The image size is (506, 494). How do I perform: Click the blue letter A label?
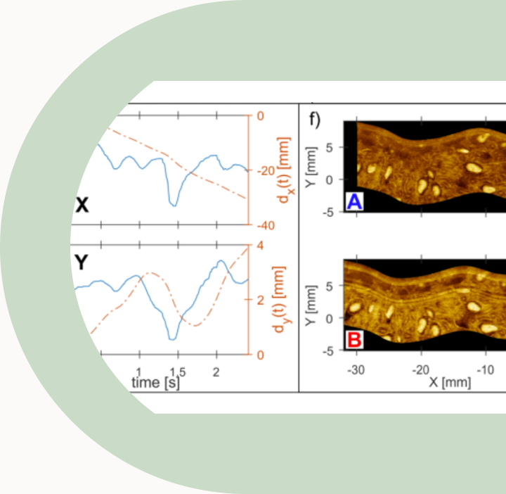pyautogui.click(x=354, y=203)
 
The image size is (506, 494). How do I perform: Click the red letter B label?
pyautogui.click(x=354, y=341)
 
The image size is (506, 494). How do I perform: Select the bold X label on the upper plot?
pyautogui.click(x=82, y=205)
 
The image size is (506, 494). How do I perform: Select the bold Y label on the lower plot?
pyautogui.click(x=82, y=262)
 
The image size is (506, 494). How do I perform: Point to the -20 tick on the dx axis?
pyautogui.click(x=263, y=171)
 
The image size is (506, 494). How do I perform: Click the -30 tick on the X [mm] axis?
pyautogui.click(x=356, y=369)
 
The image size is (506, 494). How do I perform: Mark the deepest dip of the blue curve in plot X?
pyautogui.click(x=173, y=205)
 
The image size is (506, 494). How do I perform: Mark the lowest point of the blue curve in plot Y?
pyautogui.click(x=172, y=339)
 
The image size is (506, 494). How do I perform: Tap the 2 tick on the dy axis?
pyautogui.click(x=259, y=300)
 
